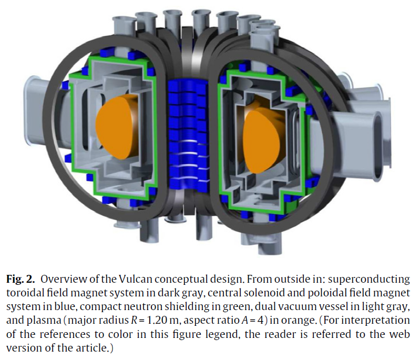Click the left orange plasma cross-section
(x=117, y=127)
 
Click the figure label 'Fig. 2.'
(x=21, y=279)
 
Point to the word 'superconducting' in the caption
(x=369, y=280)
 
